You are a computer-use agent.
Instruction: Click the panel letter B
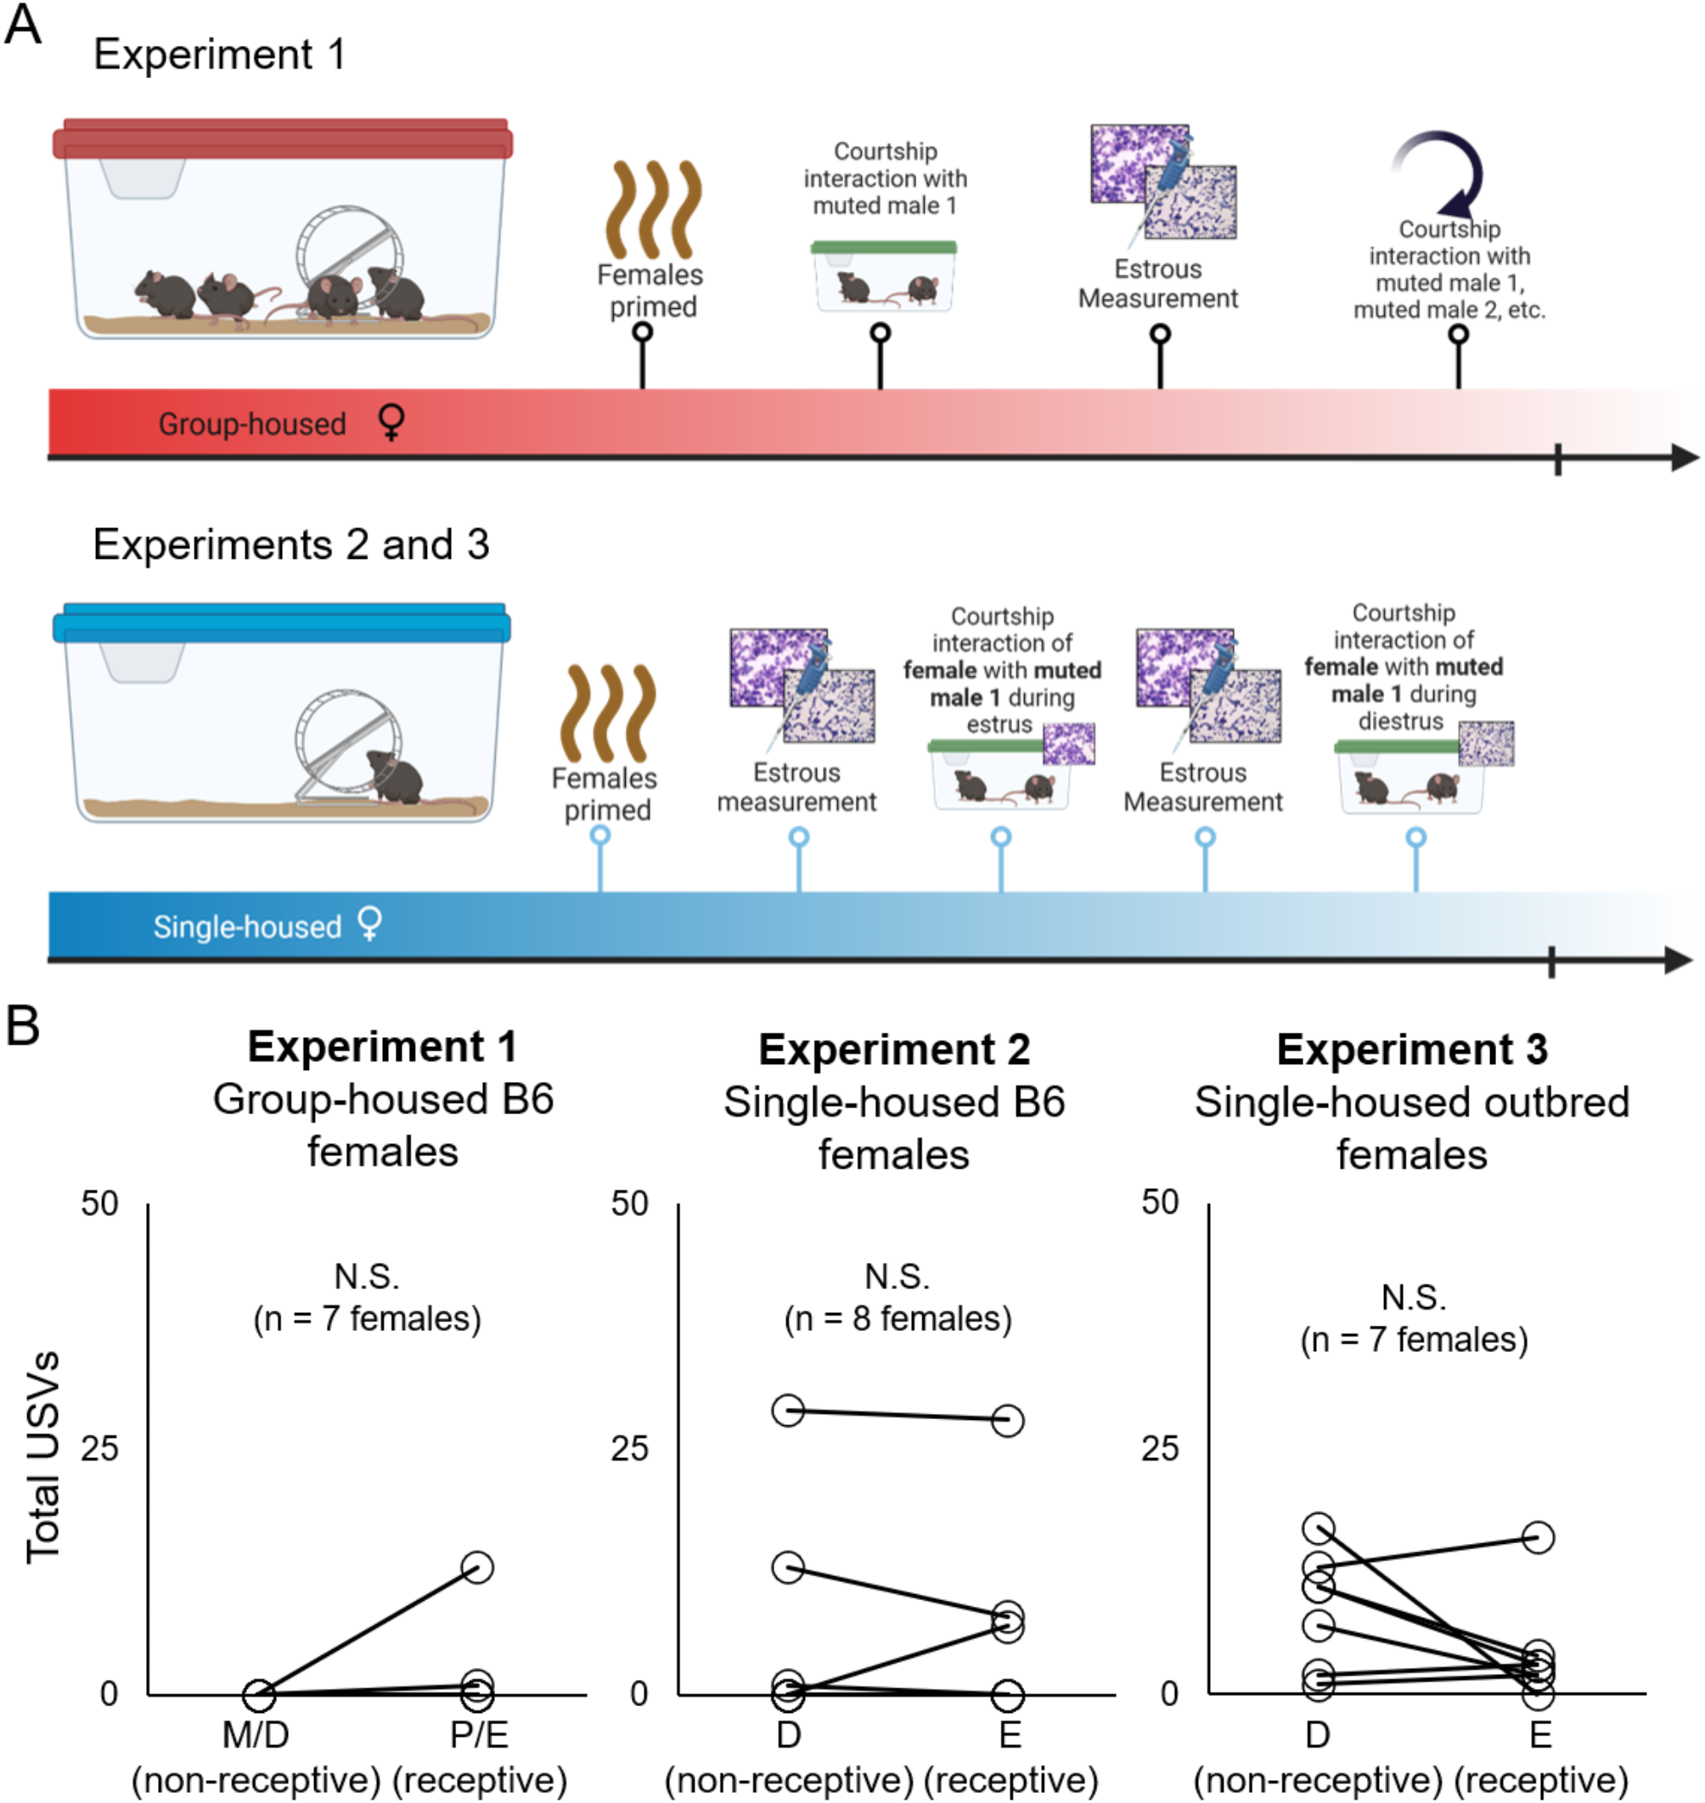[x=23, y=1025]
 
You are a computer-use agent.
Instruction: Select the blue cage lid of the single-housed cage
[x=282, y=623]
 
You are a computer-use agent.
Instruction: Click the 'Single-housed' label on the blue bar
[x=246, y=927]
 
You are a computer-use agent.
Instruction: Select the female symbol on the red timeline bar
[x=391, y=422]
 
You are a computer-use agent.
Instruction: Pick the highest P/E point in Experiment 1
[x=477, y=1567]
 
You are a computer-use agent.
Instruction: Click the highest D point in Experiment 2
[x=788, y=1411]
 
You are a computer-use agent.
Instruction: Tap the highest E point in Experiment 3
[x=1538, y=1537]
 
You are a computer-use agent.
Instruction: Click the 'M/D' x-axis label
[x=256, y=1735]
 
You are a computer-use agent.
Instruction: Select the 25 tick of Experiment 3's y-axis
[x=1160, y=1448]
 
